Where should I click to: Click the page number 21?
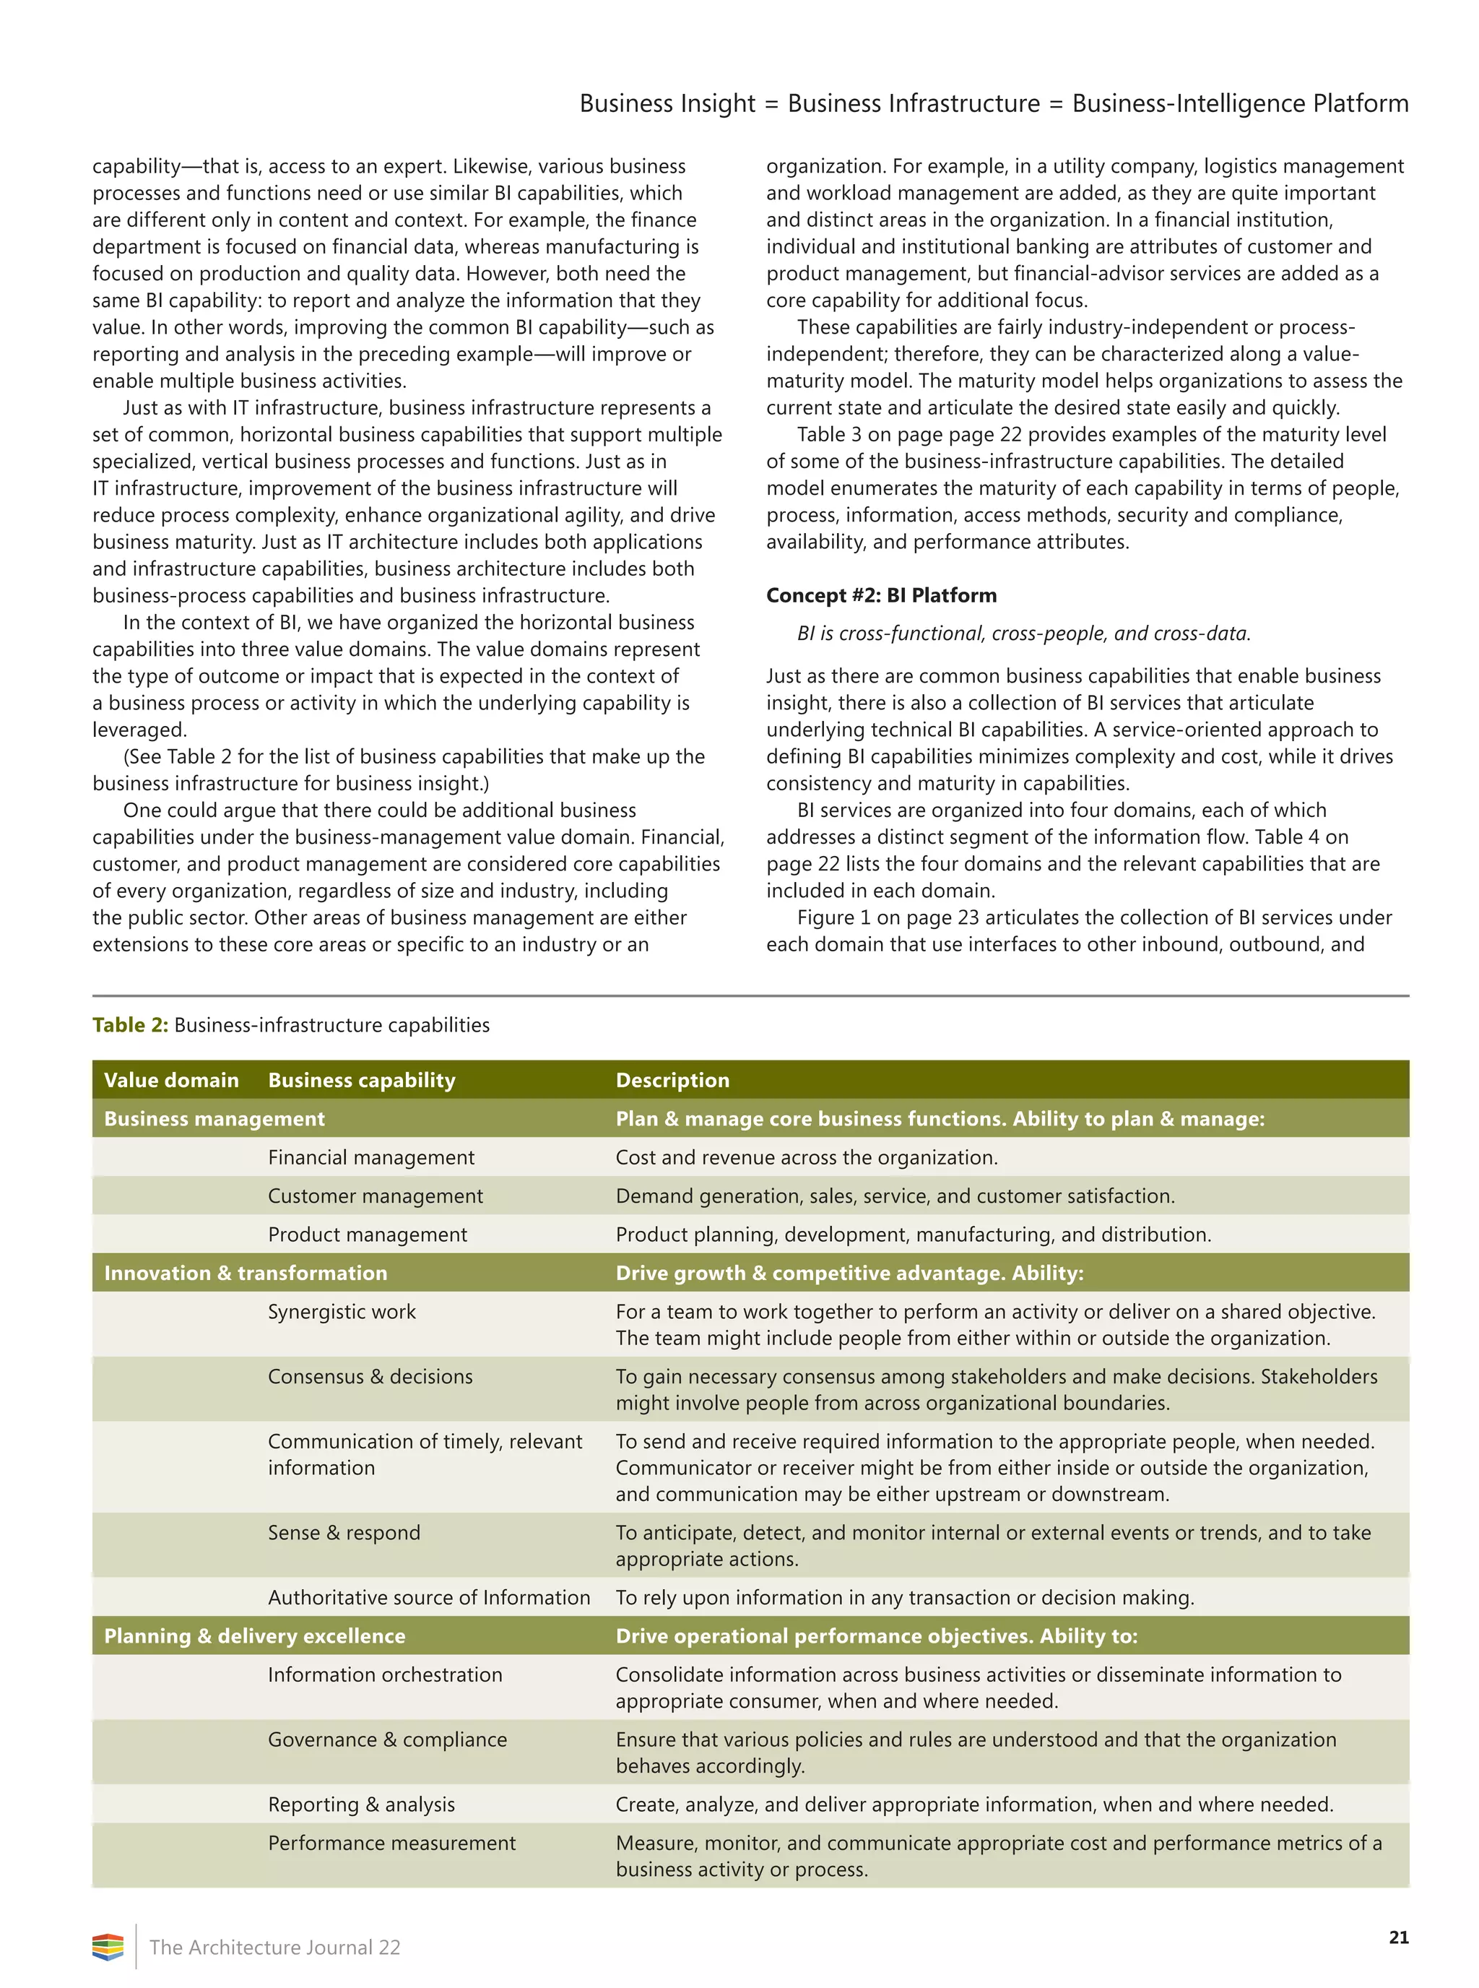coord(1397,1937)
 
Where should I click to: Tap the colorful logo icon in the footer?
coord(108,1947)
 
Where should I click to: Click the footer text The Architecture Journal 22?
coord(275,1947)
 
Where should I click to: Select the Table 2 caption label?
coord(130,1024)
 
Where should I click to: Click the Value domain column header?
coord(171,1080)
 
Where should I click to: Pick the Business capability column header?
coord(362,1080)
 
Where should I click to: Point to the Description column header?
coord(672,1080)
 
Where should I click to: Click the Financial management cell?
coord(370,1157)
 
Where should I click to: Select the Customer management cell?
coord(375,1196)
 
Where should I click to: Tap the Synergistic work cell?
coord(342,1311)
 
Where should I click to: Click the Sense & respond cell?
coord(344,1532)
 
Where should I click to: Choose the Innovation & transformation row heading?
coord(246,1273)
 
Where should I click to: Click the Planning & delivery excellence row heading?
coord(254,1635)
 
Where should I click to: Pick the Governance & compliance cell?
coord(387,1739)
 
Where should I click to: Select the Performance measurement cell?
coord(391,1843)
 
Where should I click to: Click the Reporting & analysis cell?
coord(361,1805)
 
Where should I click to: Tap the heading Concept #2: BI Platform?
coord(881,595)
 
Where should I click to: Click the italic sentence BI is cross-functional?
coord(1023,633)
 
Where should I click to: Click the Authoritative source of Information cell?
coord(429,1596)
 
